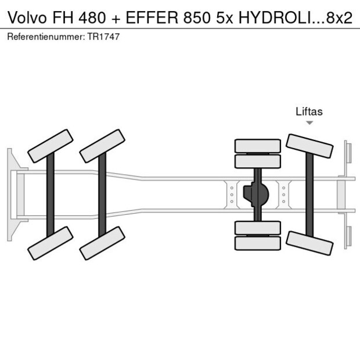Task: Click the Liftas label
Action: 309,112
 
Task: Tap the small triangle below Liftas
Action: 309,123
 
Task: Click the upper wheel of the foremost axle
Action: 51,146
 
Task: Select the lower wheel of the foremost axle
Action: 51,243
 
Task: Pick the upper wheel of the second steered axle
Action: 102,146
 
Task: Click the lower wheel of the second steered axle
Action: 102,243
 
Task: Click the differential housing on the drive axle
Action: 257,194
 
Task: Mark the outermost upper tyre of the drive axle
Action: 257,145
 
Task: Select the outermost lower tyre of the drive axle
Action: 257,243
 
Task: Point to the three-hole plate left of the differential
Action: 232,194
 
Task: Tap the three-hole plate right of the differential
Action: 283,194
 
